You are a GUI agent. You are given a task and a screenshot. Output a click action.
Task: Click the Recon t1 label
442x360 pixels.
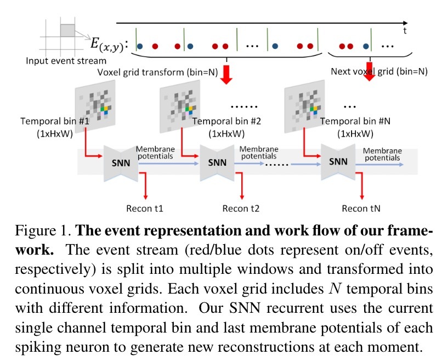[x=145, y=209]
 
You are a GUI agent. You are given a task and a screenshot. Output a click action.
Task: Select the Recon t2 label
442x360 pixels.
[x=241, y=209]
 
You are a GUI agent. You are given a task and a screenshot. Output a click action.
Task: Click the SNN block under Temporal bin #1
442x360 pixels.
[x=122, y=162]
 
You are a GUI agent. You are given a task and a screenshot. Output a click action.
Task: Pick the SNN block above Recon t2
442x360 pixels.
[x=217, y=162]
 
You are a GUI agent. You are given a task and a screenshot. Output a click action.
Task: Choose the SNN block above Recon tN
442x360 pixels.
[x=338, y=162]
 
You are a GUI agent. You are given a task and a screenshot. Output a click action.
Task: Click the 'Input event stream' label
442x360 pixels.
[x=66, y=60]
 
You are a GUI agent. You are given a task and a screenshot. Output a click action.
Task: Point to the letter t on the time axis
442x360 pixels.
[x=405, y=31]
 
